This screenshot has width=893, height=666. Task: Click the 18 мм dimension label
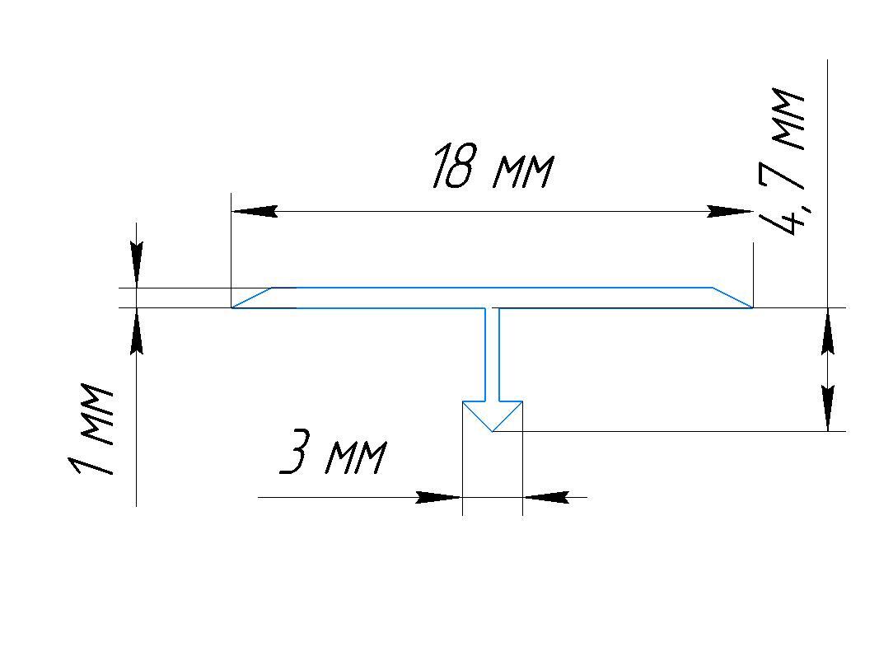(493, 166)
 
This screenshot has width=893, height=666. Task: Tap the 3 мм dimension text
(333, 453)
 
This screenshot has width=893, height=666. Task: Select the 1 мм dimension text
(91, 429)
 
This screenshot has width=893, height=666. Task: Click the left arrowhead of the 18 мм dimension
(255, 211)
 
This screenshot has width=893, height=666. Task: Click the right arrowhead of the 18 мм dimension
(730, 211)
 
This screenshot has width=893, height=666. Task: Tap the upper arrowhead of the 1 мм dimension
(136, 265)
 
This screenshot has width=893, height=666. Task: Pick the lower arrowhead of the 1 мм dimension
(136, 331)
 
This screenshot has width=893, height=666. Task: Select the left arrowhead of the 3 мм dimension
(439, 497)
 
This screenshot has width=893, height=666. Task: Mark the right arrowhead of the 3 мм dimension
(546, 497)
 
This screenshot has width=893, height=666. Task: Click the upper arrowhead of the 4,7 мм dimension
(828, 331)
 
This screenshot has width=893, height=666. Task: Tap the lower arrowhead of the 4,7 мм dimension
(828, 408)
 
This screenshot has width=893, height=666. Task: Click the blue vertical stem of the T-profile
(493, 354)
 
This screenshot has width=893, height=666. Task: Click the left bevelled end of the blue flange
(252, 298)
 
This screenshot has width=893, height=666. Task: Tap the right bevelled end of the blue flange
(733, 298)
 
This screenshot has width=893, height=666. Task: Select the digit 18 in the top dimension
(453, 166)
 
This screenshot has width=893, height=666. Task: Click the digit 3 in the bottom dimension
(295, 453)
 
